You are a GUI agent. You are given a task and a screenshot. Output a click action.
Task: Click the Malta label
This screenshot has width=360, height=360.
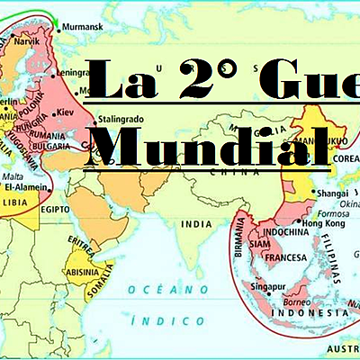(14, 179)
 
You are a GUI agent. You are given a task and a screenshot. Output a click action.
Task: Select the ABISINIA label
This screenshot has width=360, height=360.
(82, 271)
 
